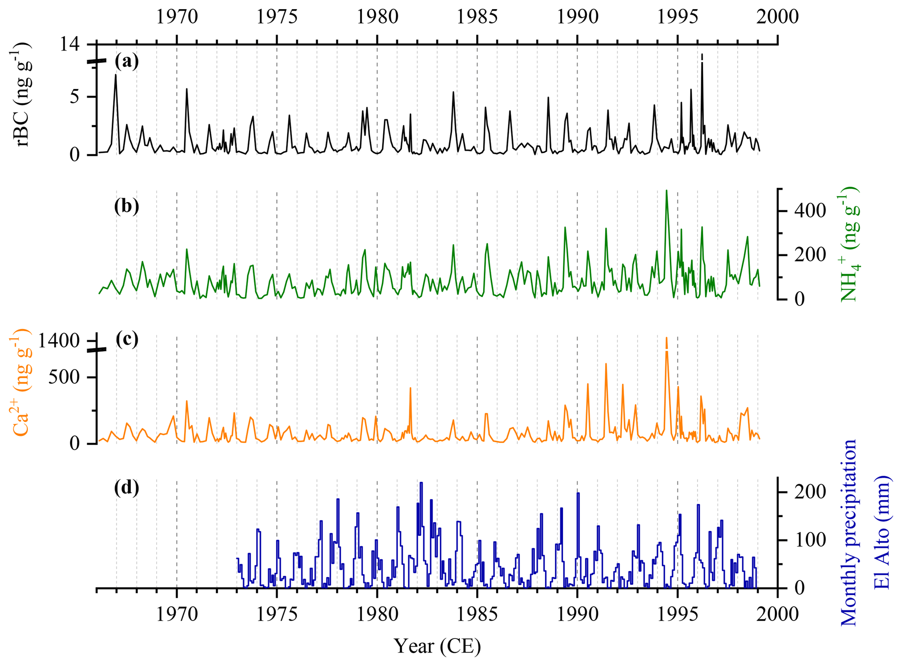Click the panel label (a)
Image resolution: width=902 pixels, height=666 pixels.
coord(127,62)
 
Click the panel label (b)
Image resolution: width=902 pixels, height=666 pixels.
coord(127,206)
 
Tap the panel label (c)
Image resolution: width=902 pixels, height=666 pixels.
coord(127,339)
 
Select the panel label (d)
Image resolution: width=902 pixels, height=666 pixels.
coord(127,487)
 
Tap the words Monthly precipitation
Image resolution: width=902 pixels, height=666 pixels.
coord(848,532)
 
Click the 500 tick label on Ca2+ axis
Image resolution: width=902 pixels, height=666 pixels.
coord(64,377)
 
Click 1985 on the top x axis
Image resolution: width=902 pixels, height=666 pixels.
coord(477,17)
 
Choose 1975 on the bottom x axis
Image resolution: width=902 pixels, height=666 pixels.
coord(277,614)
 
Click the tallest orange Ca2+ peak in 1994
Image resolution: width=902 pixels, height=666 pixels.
coord(666,338)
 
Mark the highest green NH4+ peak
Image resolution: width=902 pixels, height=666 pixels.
coord(666,191)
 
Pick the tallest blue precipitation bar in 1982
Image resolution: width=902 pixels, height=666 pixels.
coord(421,483)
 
